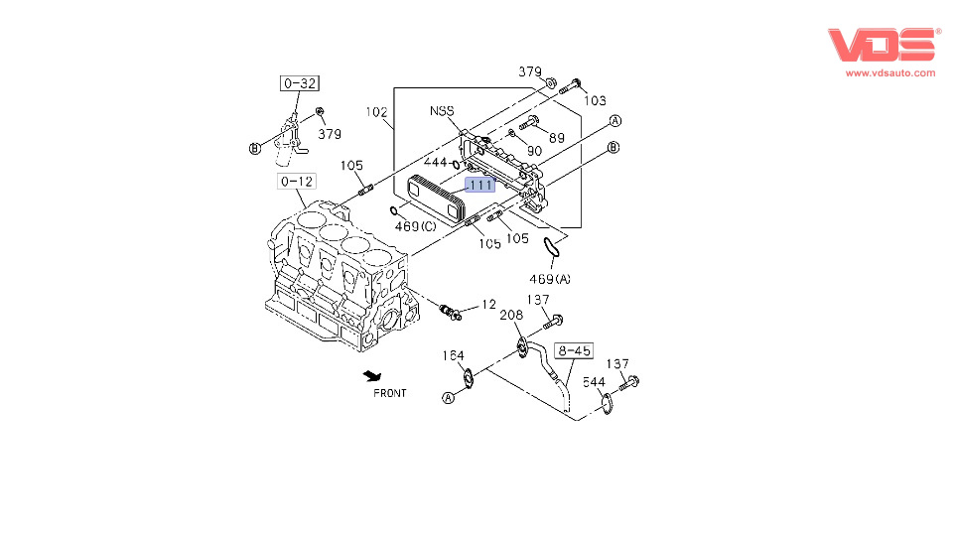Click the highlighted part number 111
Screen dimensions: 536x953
point(479,186)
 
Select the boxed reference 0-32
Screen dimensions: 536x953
point(299,83)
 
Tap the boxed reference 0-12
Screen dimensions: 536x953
point(297,182)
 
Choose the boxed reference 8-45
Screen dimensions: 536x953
point(573,350)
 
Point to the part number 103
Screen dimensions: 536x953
point(594,100)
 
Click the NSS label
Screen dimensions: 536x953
point(443,110)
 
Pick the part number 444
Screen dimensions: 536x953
point(436,162)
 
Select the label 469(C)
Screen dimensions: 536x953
point(414,227)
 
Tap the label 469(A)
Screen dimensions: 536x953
point(549,279)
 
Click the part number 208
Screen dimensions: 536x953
point(511,315)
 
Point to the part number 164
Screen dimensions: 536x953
point(454,355)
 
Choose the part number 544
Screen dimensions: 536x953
point(594,381)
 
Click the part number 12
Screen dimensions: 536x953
point(488,304)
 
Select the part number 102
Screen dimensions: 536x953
point(376,112)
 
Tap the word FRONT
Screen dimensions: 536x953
point(390,393)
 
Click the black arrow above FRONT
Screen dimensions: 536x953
point(371,375)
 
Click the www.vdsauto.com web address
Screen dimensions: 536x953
point(889,72)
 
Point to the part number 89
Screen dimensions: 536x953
point(556,137)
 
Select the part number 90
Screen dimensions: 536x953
point(534,150)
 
